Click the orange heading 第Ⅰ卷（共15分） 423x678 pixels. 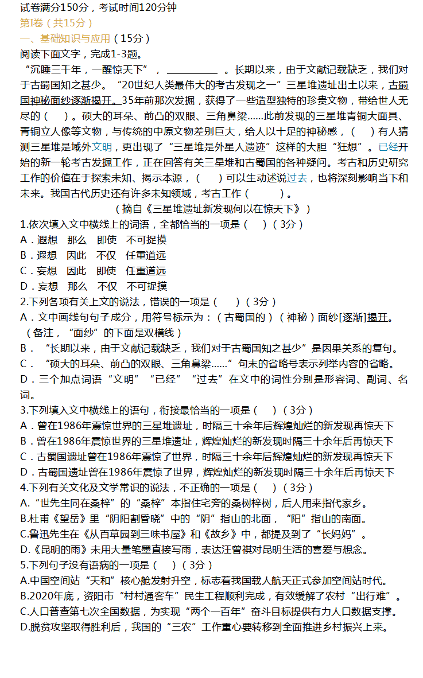(56, 23)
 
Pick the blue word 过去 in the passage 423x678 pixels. (297, 178)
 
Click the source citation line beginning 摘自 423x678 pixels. (212, 209)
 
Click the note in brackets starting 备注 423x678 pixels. (103, 333)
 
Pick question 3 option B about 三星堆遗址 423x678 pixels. (207, 441)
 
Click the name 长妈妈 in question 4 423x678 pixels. (340, 534)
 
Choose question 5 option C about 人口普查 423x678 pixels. (209, 611)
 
